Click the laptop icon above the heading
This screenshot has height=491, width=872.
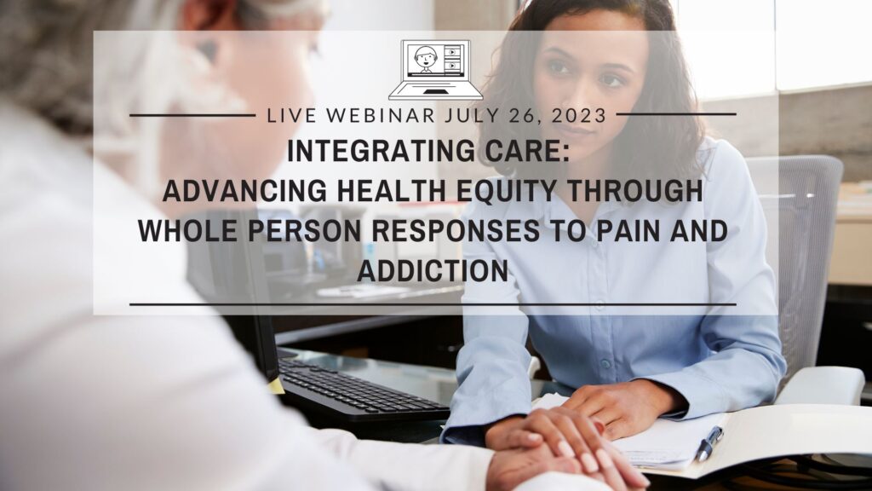(x=435, y=69)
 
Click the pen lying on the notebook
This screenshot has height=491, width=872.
(x=708, y=442)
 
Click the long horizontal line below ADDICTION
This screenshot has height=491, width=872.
(x=433, y=303)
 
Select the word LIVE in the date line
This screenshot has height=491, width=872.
(x=290, y=115)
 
